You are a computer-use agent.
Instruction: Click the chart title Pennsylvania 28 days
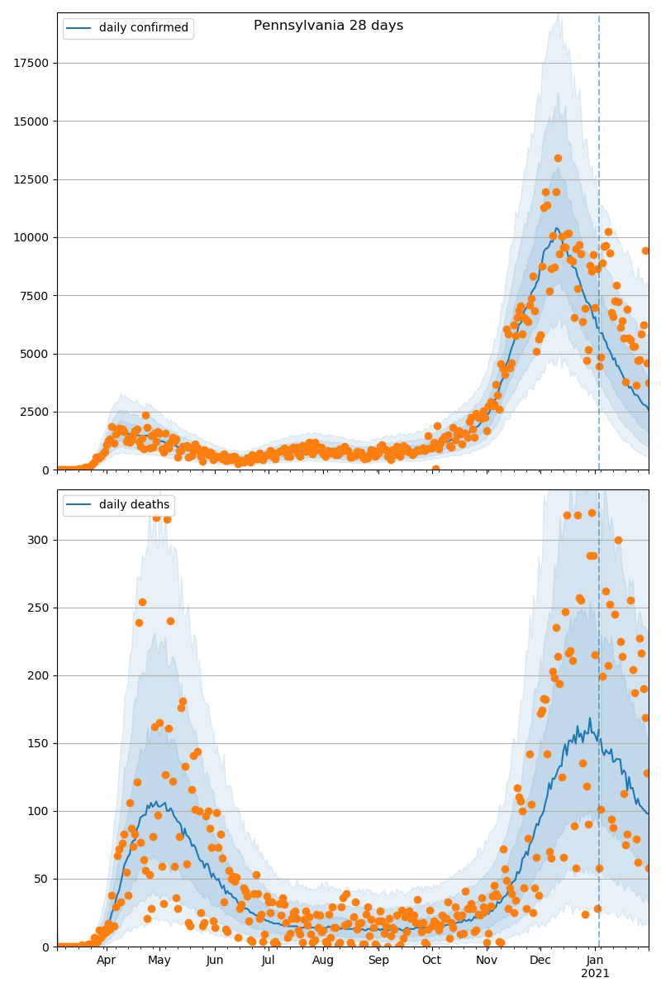[x=328, y=26]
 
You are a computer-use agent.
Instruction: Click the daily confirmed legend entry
[x=143, y=28]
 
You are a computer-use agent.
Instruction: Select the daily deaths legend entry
[x=134, y=505]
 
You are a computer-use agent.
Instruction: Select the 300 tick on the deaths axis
[x=40, y=541]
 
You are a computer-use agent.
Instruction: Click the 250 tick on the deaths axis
[x=40, y=608]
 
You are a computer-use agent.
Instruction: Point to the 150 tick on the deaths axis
[x=40, y=744]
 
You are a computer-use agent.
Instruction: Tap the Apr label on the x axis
[x=107, y=961]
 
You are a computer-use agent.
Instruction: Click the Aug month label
[x=323, y=961]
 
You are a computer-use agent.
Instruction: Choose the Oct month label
[x=432, y=961]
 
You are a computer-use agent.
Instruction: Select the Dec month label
[x=540, y=961]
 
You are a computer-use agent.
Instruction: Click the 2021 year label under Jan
[x=595, y=974]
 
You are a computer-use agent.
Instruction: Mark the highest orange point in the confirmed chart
[x=558, y=158]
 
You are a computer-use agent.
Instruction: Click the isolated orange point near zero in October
[x=435, y=470]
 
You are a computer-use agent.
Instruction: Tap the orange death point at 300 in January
[x=618, y=540]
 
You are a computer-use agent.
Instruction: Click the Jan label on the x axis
[x=595, y=961]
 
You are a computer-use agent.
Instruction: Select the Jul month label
[x=269, y=961]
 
